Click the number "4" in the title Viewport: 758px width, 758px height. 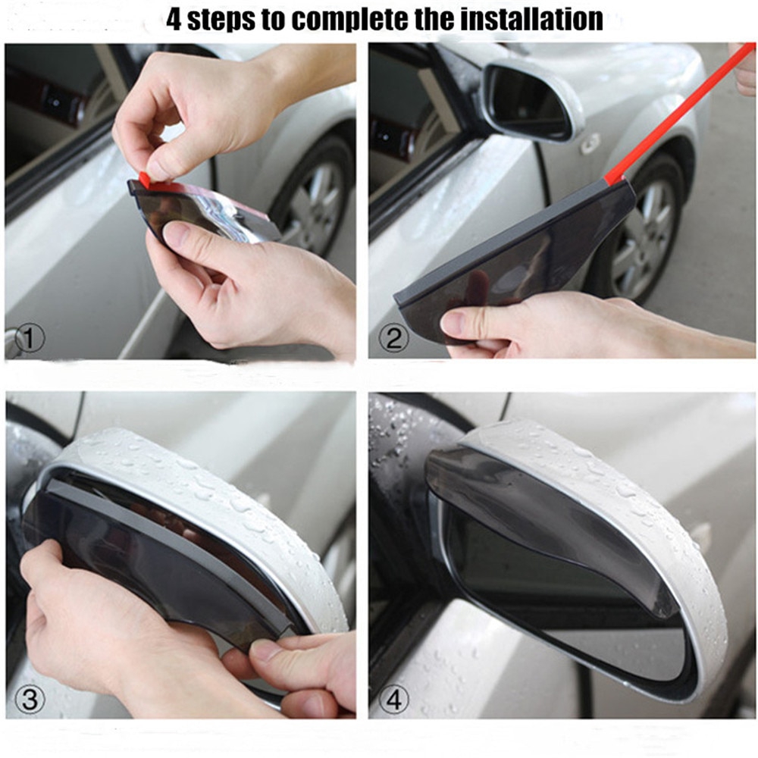(x=176, y=18)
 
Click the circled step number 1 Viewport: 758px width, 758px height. (x=29, y=339)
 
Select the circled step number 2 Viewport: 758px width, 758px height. (x=393, y=338)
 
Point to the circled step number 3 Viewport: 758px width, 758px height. (x=29, y=700)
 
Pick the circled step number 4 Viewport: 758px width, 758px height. (x=393, y=700)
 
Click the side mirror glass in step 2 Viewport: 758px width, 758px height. (x=527, y=99)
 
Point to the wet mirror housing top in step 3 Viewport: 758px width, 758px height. (x=212, y=485)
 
